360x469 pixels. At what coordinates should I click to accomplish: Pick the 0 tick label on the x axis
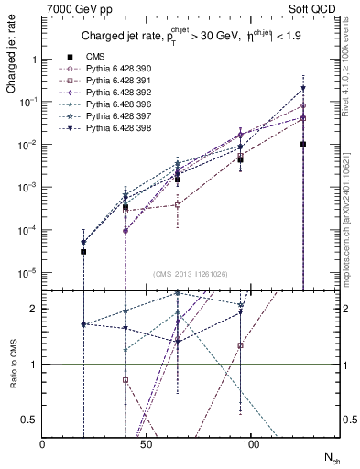42,442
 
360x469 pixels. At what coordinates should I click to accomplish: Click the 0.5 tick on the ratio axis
31,420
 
